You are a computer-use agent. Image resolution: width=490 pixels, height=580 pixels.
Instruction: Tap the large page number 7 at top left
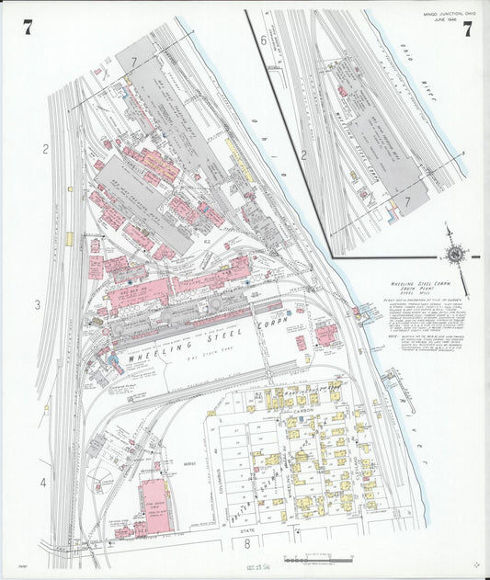28,28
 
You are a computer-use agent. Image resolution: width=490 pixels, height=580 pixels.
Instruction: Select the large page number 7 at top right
468,28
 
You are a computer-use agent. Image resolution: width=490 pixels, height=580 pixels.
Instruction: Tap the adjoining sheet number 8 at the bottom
247,543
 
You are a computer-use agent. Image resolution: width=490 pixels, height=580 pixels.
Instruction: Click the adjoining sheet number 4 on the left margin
42,482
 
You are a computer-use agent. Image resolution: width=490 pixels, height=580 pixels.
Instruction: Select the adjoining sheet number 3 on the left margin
39,304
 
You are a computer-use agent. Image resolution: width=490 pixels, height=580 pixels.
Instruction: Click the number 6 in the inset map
264,40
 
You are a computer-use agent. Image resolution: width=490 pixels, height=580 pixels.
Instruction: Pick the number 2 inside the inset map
303,154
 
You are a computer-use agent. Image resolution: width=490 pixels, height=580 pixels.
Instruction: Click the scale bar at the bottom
313,559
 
